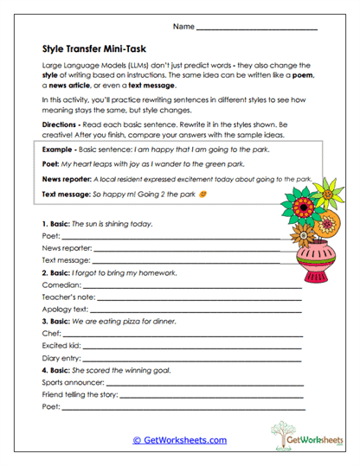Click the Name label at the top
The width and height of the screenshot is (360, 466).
tap(183, 28)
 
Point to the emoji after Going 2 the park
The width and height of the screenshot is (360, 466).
tap(202, 195)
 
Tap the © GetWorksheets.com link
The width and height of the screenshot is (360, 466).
tap(179, 439)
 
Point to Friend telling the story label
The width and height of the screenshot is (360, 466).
tap(80, 393)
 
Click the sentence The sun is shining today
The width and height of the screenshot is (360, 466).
tap(112, 223)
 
